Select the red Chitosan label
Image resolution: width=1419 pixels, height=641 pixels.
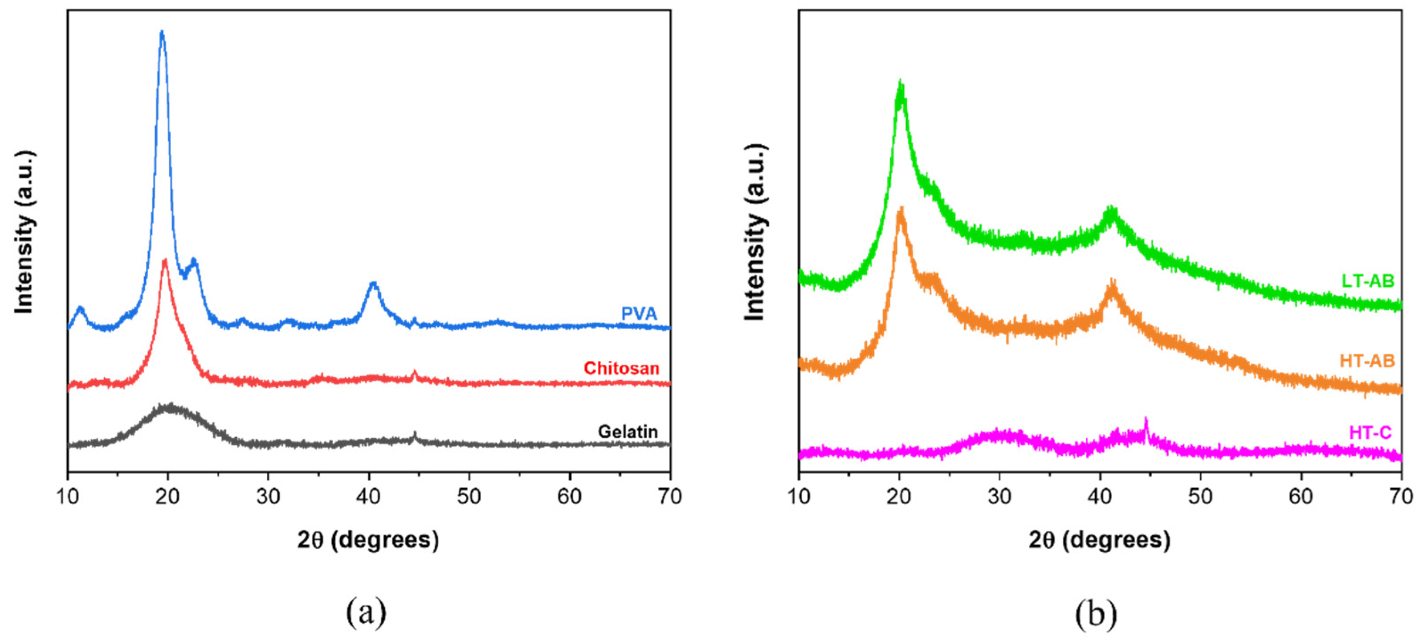[621, 368]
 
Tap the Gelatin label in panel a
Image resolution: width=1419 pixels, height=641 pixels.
[628, 431]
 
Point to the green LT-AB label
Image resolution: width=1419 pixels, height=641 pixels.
[1367, 281]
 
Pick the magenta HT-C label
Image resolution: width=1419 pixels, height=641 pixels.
[1370, 433]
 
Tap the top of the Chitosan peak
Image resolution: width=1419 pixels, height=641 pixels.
[165, 261]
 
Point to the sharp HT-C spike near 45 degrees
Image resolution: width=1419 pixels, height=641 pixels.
[1146, 420]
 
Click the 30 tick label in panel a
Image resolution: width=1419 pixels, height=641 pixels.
[268, 497]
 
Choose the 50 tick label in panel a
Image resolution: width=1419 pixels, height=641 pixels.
[469, 497]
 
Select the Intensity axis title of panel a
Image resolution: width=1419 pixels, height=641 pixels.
[25, 231]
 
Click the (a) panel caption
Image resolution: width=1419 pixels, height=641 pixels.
[366, 612]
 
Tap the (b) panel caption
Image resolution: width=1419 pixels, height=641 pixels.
[1096, 613]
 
